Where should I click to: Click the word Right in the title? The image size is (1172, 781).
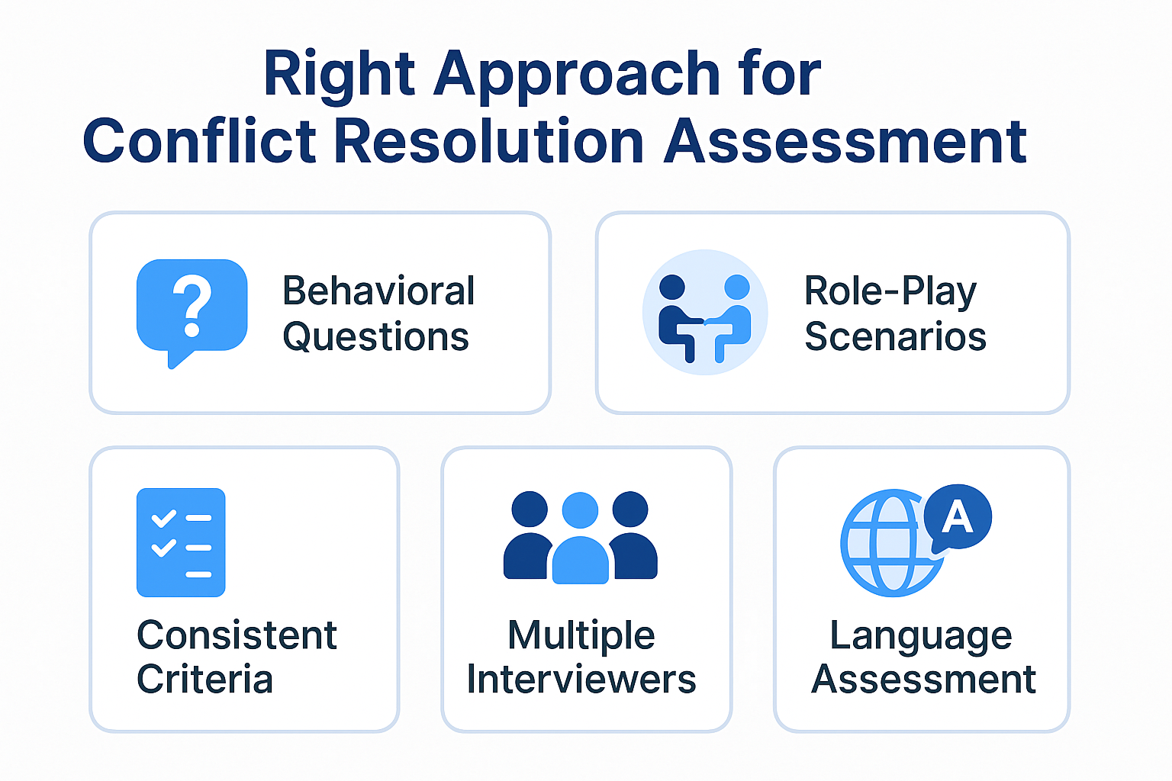340,75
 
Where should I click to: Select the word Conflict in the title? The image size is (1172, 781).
199,140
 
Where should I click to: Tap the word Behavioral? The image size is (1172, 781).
378,291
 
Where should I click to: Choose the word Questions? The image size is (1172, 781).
375,337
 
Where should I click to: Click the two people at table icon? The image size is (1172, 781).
705,312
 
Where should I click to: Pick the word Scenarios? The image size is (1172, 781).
895,336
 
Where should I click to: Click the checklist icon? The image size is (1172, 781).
181,542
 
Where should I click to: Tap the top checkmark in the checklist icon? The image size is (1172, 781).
163,518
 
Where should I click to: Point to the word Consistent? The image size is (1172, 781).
237,635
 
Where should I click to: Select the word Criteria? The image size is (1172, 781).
204,679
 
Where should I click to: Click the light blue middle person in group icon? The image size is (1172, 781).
580,538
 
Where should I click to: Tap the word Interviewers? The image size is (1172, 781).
581,679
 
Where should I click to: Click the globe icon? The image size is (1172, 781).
893,543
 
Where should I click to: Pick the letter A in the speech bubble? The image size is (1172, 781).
957,516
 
